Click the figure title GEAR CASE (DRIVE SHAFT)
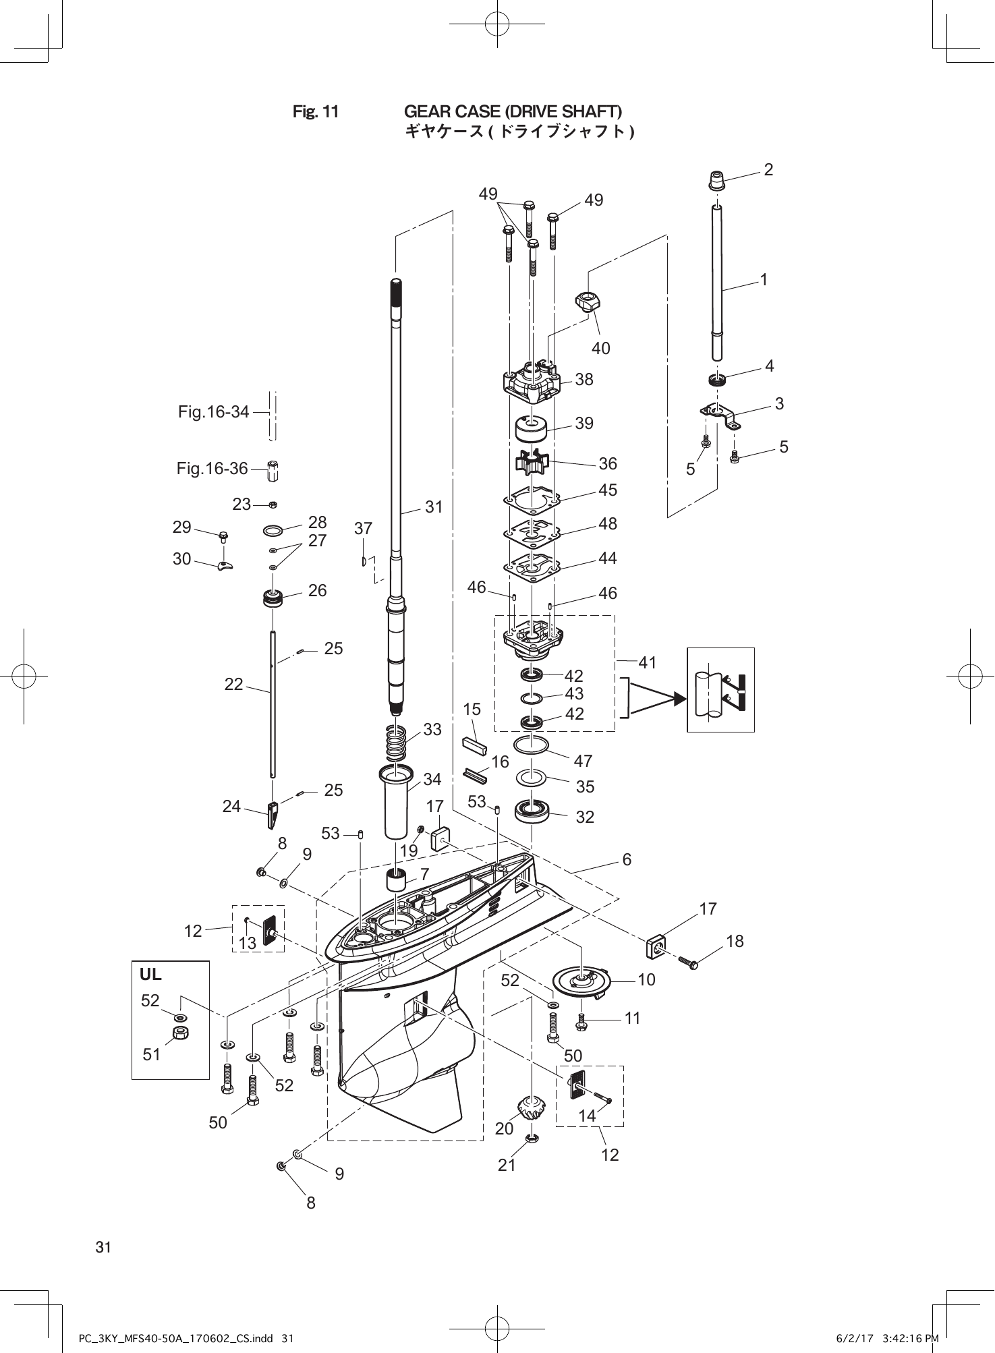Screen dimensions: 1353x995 [x=513, y=111]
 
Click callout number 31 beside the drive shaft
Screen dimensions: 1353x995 [x=434, y=507]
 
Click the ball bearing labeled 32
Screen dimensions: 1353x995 [x=533, y=811]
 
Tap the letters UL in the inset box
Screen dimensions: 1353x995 [x=150, y=975]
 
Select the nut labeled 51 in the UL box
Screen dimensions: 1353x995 [x=180, y=1033]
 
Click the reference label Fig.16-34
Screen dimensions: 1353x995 [x=213, y=411]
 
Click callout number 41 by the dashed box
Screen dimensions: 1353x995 [x=648, y=663]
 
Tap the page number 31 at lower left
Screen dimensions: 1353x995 [x=103, y=1247]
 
